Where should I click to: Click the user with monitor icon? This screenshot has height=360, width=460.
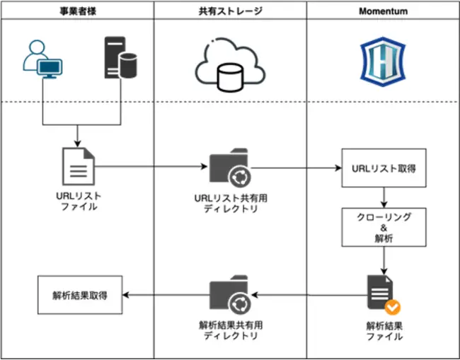tap(43, 59)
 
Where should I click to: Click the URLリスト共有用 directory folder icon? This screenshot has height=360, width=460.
tap(229, 168)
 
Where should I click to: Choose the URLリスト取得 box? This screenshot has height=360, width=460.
tap(384, 168)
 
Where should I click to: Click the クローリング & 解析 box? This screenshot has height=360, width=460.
tap(384, 227)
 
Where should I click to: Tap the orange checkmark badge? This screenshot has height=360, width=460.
tap(393, 308)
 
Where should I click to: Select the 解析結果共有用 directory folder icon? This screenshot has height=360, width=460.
tap(229, 294)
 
